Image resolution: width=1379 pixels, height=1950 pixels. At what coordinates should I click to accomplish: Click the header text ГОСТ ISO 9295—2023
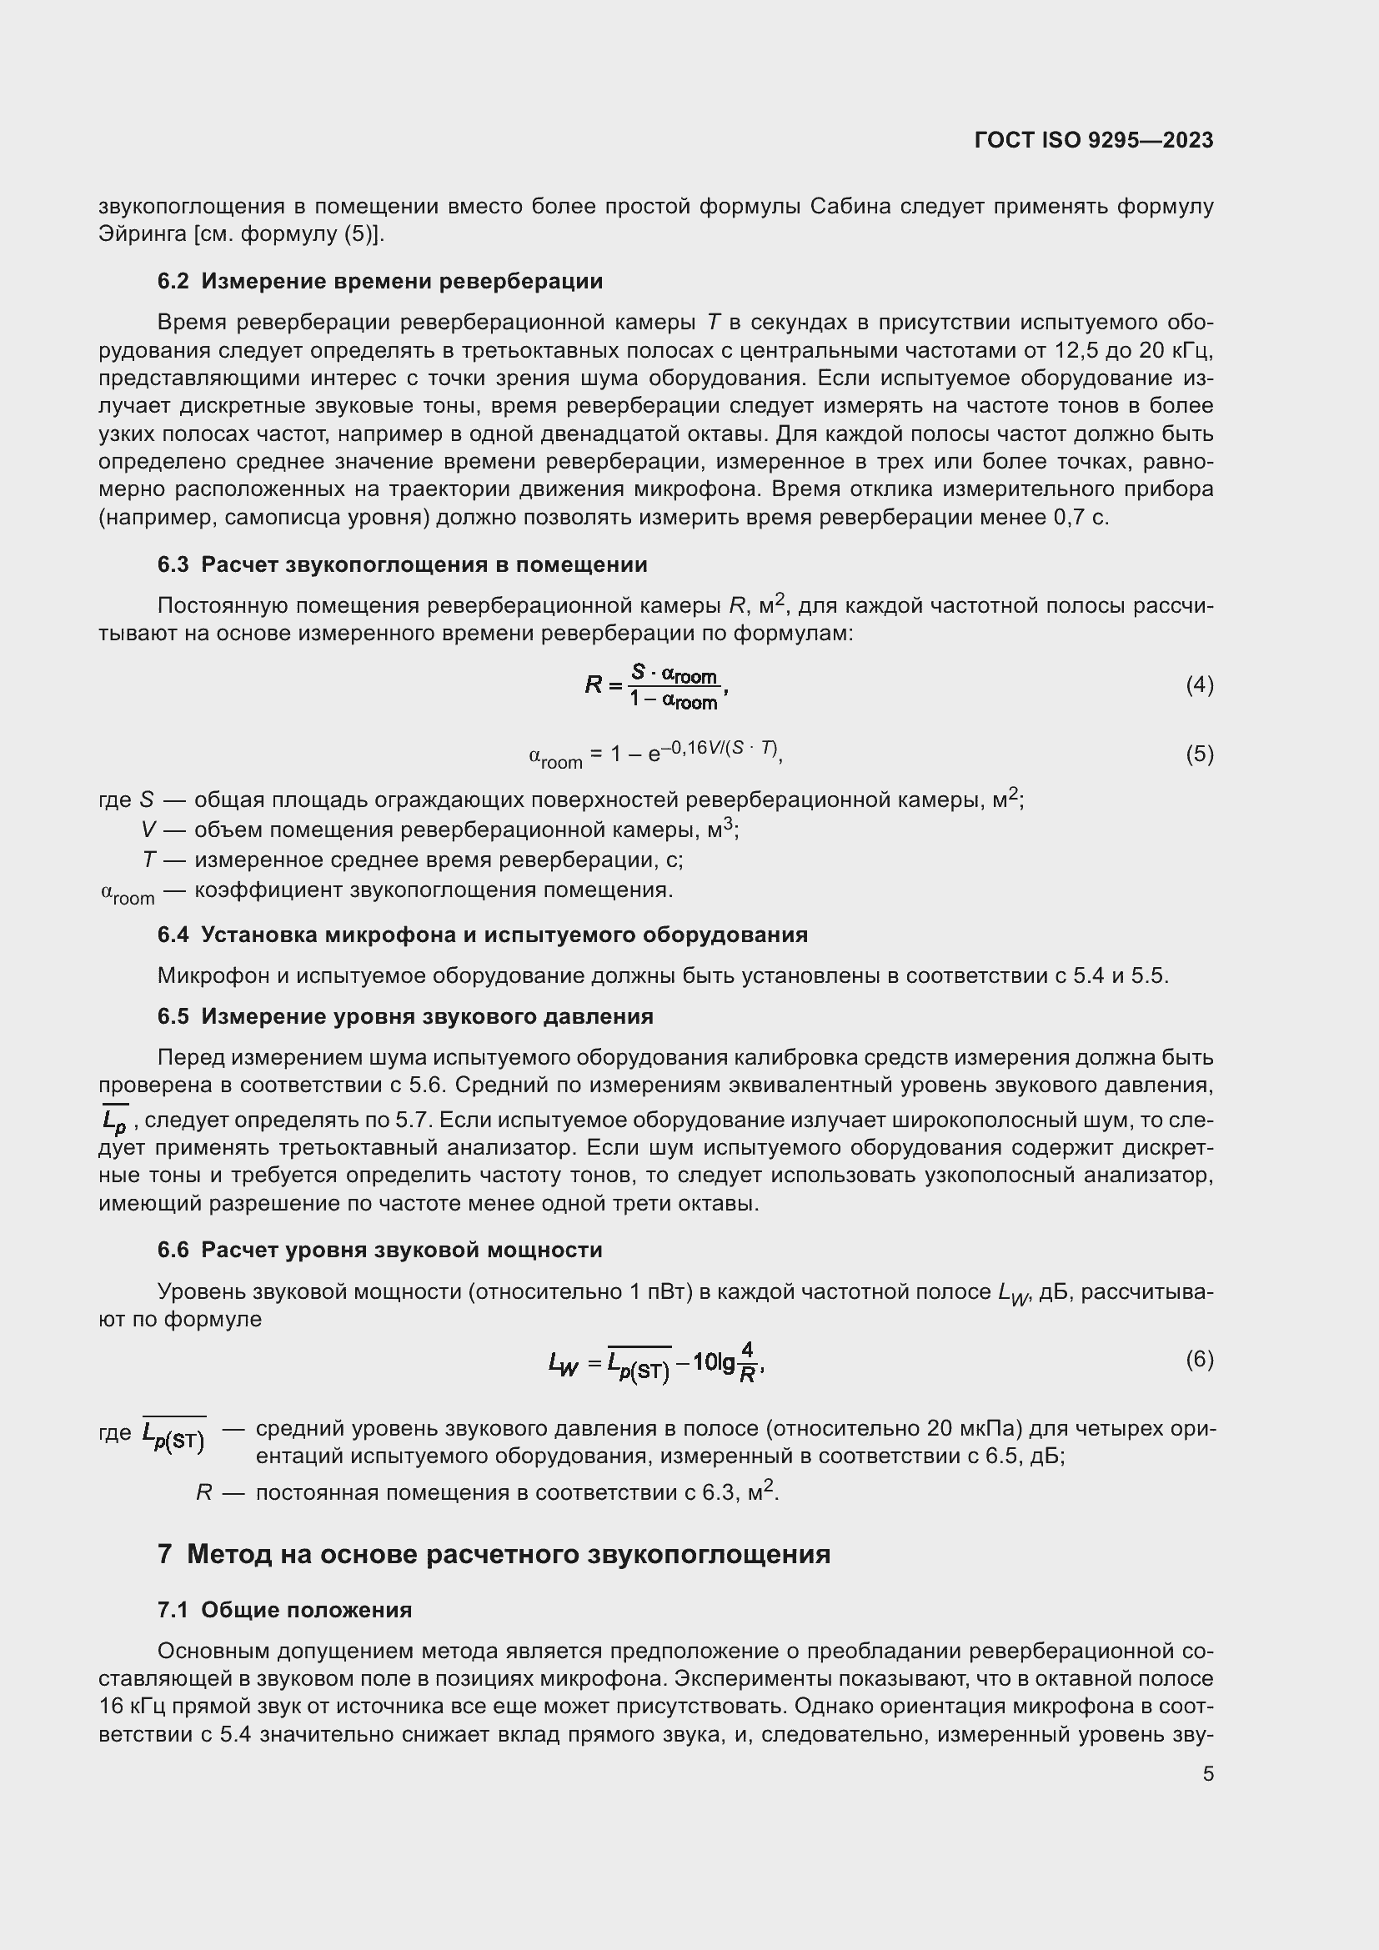[1094, 140]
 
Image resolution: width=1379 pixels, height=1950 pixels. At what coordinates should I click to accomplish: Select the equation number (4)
[1199, 684]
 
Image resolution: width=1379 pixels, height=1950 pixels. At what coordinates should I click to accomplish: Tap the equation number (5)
[1199, 754]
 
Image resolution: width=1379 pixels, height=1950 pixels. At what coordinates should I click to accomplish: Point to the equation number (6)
[1199, 1359]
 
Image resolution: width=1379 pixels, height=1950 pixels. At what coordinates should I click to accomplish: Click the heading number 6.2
[173, 281]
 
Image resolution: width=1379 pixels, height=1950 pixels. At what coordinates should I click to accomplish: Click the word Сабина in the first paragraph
[850, 207]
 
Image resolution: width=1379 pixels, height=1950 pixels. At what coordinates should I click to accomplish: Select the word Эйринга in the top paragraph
[142, 234]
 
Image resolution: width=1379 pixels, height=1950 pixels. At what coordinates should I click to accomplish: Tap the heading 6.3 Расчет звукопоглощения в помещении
[403, 564]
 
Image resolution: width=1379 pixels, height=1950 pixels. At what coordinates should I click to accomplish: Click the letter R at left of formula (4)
[594, 684]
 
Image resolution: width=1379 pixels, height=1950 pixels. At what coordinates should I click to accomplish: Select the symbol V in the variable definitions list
[149, 830]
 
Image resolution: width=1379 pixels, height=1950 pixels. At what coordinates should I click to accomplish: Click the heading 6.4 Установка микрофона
[482, 935]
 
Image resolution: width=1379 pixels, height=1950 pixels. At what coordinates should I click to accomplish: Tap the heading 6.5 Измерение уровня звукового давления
[405, 1016]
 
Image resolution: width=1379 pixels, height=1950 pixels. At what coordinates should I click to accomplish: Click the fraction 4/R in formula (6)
[747, 1362]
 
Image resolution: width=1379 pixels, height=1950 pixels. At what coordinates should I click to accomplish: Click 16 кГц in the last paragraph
[128, 1707]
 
